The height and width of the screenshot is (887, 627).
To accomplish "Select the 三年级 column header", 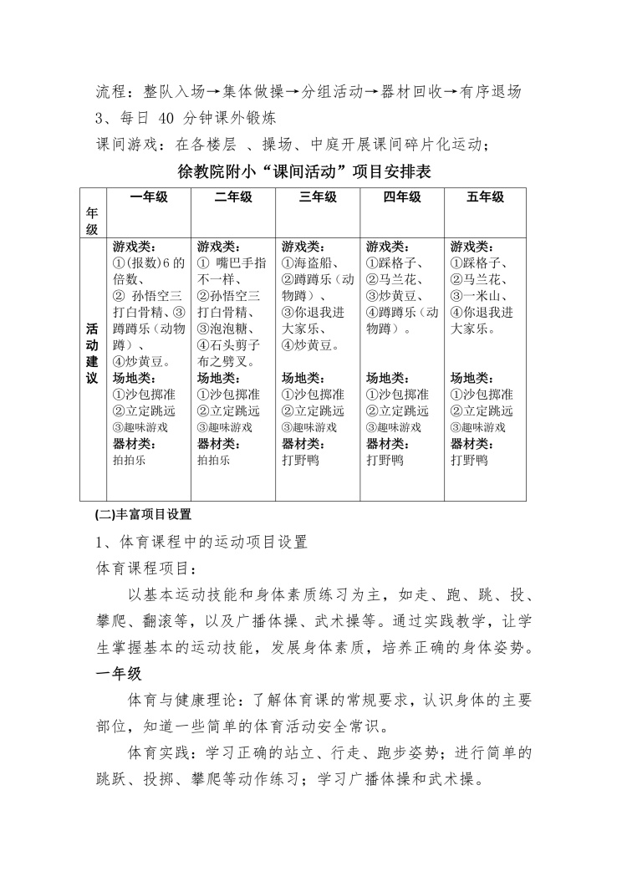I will tap(317, 198).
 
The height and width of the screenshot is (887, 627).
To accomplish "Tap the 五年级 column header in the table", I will tap(485, 198).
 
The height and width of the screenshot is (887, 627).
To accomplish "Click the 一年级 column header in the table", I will tap(150, 198).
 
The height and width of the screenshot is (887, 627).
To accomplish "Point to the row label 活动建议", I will tap(91, 354).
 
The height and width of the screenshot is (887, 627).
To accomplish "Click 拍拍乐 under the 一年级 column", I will tap(130, 459).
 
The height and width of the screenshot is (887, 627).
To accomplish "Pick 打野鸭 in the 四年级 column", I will tap(385, 459).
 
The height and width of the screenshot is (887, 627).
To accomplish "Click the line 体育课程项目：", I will tap(145, 568).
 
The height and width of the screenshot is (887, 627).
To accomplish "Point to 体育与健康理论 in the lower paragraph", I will tap(180, 701).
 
